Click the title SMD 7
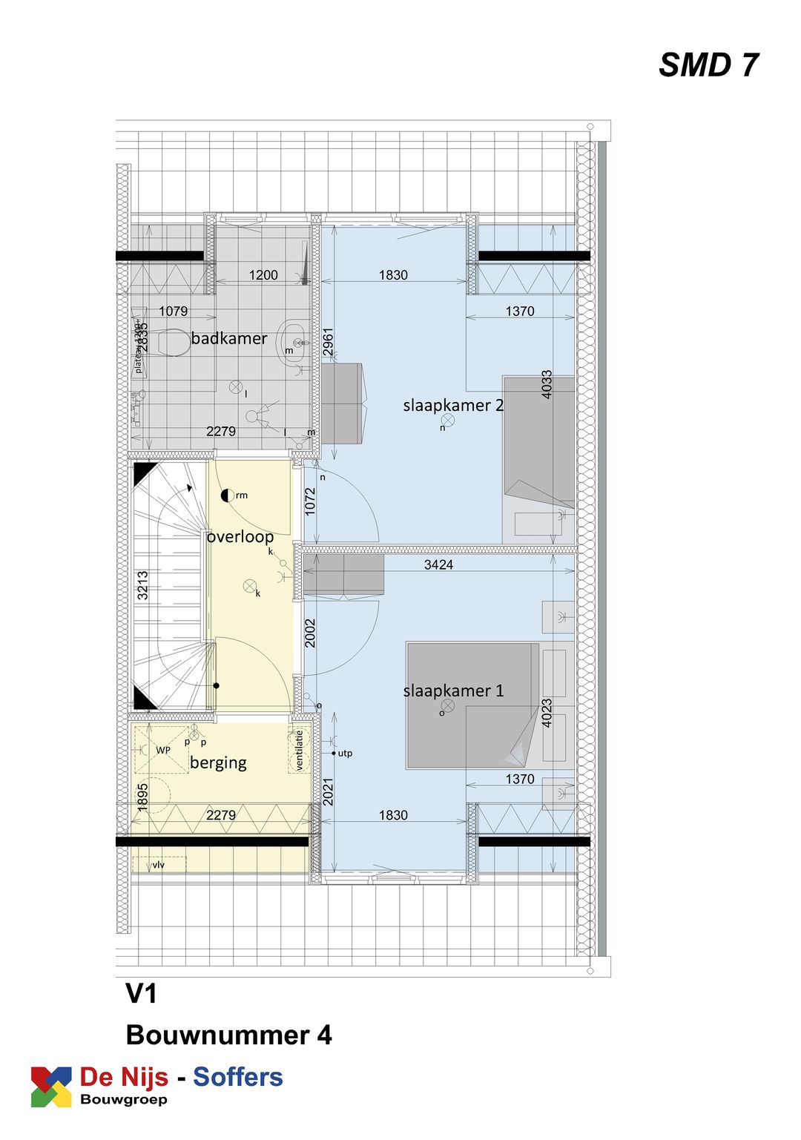708,65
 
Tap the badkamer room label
229,339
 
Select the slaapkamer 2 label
453,406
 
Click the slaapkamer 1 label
453,691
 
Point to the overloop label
240,536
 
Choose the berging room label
218,762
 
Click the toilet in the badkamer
170,343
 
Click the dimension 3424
438,565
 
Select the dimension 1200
263,275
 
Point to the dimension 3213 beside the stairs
142,585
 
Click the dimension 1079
173,312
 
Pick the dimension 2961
329,342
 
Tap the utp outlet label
345,754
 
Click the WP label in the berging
163,751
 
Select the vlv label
159,865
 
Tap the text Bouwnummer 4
228,1035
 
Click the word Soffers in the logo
238,1077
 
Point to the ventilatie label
300,750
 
